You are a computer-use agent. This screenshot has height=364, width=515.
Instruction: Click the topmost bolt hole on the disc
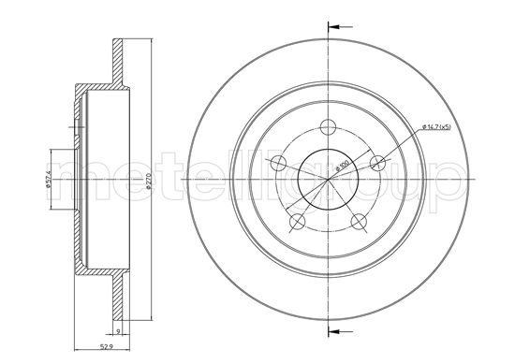[x=329, y=129]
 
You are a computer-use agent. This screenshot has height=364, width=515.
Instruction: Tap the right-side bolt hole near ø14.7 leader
[x=377, y=164]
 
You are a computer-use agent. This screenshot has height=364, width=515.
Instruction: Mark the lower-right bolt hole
[x=359, y=222]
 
